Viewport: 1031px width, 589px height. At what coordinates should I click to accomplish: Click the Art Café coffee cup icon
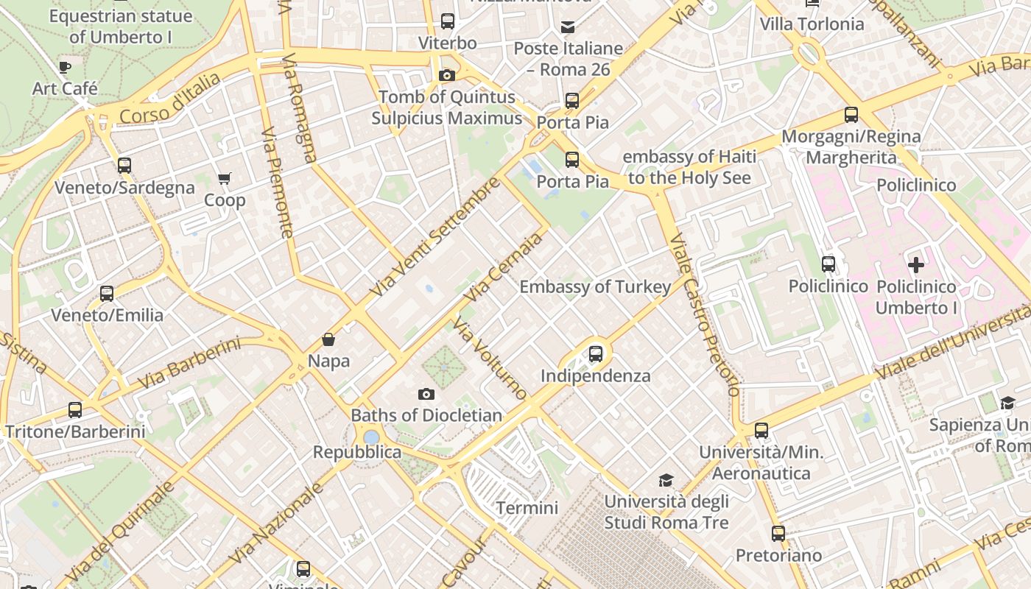(65, 68)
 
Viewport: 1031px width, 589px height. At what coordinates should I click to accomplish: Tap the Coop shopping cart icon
(225, 178)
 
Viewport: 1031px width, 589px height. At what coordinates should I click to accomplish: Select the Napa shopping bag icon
(328, 339)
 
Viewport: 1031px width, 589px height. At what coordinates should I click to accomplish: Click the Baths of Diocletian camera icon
(426, 394)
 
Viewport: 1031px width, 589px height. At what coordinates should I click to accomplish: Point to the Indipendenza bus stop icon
(596, 354)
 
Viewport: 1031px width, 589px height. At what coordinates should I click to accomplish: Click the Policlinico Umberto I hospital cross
(916, 265)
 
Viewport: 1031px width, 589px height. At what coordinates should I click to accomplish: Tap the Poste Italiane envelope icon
(568, 27)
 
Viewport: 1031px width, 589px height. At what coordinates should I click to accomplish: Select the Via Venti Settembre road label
(434, 237)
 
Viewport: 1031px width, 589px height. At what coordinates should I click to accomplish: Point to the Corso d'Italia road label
(169, 99)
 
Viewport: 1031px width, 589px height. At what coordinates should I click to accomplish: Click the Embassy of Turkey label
(595, 287)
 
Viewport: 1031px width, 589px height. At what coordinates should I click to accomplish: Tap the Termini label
(527, 508)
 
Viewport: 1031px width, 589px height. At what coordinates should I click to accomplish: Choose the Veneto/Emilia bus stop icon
(107, 294)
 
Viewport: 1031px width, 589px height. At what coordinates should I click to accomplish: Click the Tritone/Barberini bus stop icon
(74, 410)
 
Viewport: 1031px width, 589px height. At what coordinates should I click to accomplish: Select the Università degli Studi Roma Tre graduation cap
(666, 480)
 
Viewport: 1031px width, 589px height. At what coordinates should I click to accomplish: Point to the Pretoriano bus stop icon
(778, 534)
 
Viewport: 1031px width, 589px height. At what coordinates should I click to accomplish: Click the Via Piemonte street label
(277, 181)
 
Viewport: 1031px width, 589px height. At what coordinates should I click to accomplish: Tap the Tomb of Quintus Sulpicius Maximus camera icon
(446, 75)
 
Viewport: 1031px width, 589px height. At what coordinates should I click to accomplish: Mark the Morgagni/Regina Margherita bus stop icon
(851, 115)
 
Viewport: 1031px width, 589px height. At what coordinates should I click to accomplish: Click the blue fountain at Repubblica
(371, 437)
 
